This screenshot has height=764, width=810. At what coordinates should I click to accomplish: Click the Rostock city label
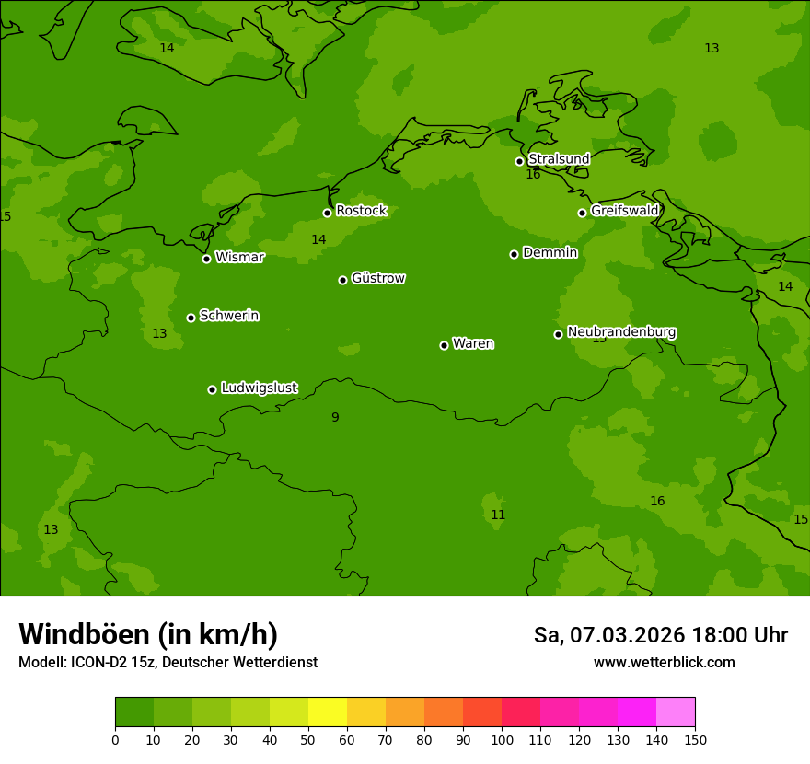[361, 211]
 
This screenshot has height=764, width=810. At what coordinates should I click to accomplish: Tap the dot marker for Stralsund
[519, 161]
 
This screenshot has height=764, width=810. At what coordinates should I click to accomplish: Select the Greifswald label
[624, 211]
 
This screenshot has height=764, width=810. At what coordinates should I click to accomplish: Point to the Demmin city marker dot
[514, 254]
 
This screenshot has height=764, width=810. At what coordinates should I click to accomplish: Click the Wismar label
[239, 258]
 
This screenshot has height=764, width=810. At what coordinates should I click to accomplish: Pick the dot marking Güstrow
[342, 280]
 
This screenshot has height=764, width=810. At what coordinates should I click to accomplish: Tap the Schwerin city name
[229, 316]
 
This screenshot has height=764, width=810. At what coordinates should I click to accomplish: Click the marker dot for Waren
[444, 345]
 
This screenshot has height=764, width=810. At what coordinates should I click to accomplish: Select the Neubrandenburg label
[621, 331]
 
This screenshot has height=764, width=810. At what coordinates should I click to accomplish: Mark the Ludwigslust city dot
[212, 389]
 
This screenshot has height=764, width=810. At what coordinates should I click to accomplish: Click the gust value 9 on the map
[335, 418]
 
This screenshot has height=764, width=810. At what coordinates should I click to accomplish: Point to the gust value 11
[498, 515]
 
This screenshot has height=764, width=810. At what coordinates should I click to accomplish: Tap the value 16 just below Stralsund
[533, 175]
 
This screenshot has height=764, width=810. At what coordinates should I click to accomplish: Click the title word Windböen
[84, 635]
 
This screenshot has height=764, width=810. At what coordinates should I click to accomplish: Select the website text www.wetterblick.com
[664, 663]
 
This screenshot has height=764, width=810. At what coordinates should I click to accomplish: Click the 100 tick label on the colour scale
[502, 740]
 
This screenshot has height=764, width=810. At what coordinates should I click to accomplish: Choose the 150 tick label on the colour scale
[695, 740]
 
